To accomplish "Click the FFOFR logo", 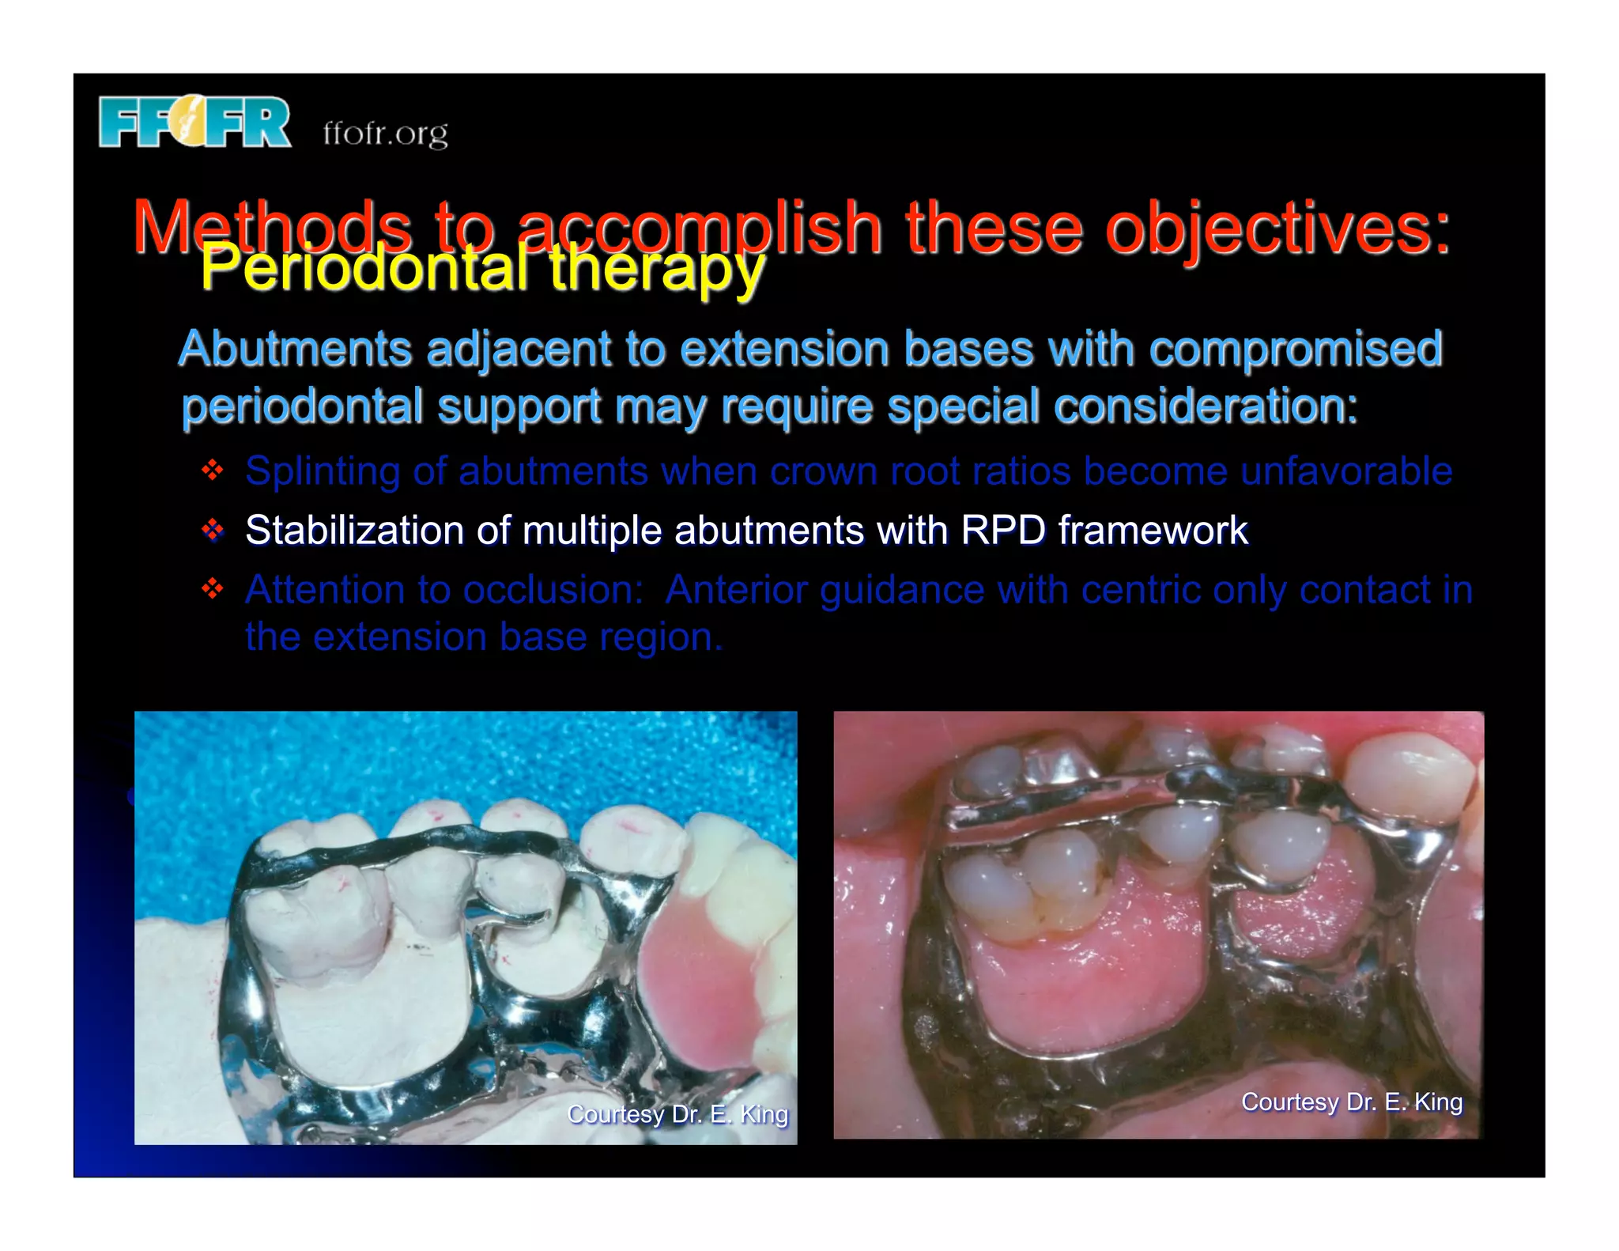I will click(194, 123).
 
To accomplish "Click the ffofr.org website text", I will click(385, 134).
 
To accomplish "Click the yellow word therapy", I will click(656, 269).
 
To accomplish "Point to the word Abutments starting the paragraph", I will click(295, 349).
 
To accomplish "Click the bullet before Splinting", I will click(213, 471).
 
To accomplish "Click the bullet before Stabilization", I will click(213, 530).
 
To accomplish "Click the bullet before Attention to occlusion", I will click(213, 589).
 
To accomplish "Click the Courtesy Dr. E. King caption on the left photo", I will click(677, 1114).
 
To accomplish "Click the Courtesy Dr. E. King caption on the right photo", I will click(1351, 1102).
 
